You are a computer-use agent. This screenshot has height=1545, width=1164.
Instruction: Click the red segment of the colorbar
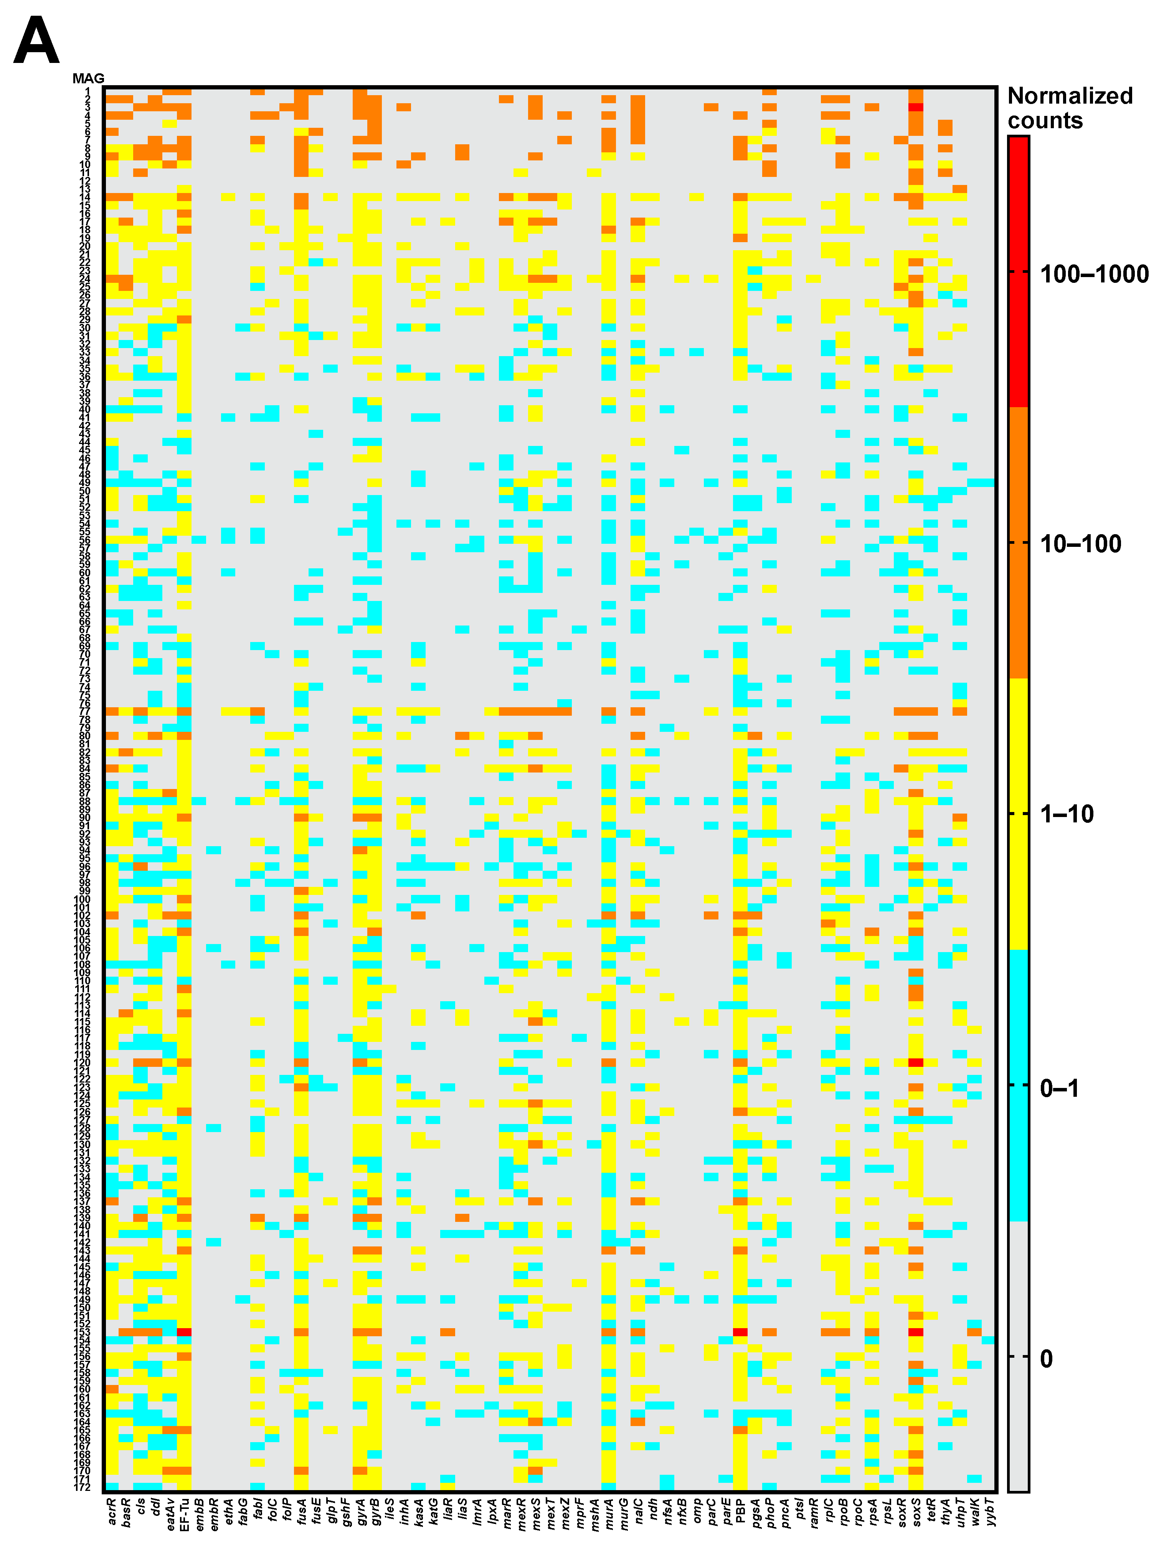(1018, 272)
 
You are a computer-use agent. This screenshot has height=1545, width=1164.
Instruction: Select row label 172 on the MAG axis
(83, 1487)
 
